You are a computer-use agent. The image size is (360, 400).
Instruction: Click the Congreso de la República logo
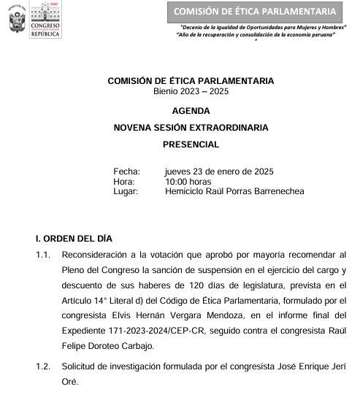[46, 21]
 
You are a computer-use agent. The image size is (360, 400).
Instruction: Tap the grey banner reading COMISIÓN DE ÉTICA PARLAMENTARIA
[256, 12]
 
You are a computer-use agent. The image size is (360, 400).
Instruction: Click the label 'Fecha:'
[126, 172]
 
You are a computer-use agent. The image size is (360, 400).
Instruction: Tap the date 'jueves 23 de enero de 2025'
[219, 172]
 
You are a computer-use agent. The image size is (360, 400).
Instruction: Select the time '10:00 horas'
[188, 182]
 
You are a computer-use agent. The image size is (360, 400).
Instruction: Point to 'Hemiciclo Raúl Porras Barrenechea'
[234, 191]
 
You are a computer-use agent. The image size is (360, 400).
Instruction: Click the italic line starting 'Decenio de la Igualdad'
[262, 27]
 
